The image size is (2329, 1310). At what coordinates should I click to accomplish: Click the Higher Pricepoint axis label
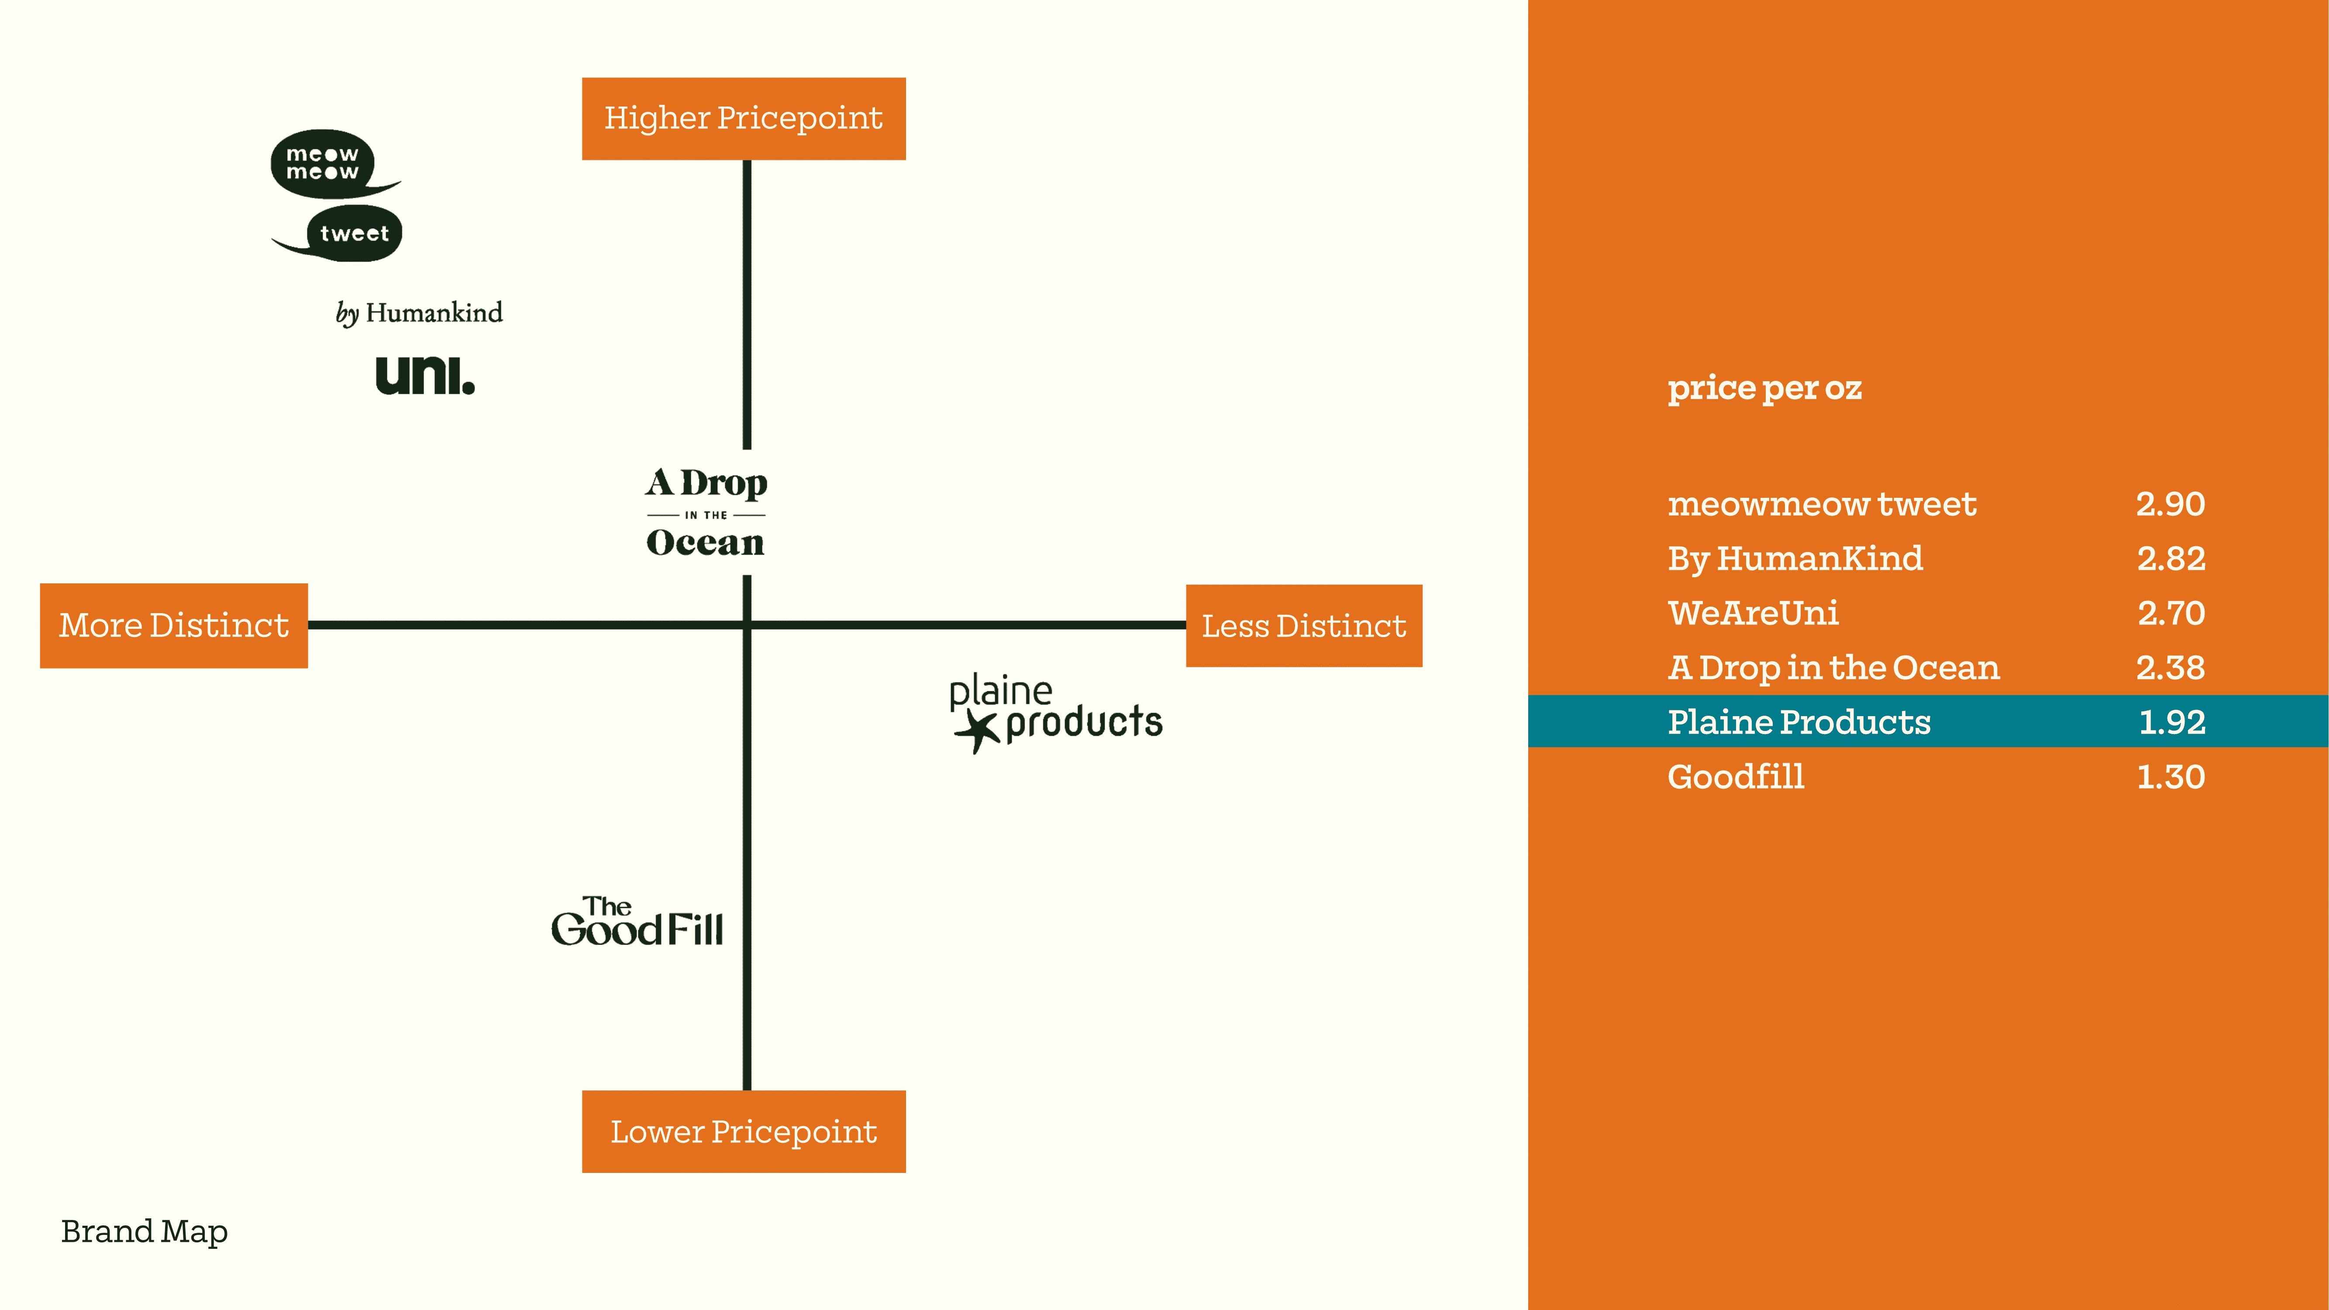(x=743, y=118)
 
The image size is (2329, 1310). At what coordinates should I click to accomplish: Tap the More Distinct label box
(x=174, y=626)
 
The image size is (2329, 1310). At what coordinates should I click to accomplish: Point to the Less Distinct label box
(x=1304, y=626)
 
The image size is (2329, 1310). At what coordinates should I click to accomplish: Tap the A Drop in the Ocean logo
(x=706, y=513)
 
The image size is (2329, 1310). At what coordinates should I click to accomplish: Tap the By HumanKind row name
(x=1795, y=559)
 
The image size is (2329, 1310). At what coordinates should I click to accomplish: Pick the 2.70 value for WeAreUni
(x=2170, y=613)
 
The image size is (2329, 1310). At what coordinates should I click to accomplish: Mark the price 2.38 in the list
(x=2170, y=667)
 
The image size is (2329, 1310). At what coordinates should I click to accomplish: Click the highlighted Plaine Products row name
(x=1798, y=721)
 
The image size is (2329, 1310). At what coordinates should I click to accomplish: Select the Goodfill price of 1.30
(x=2170, y=776)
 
